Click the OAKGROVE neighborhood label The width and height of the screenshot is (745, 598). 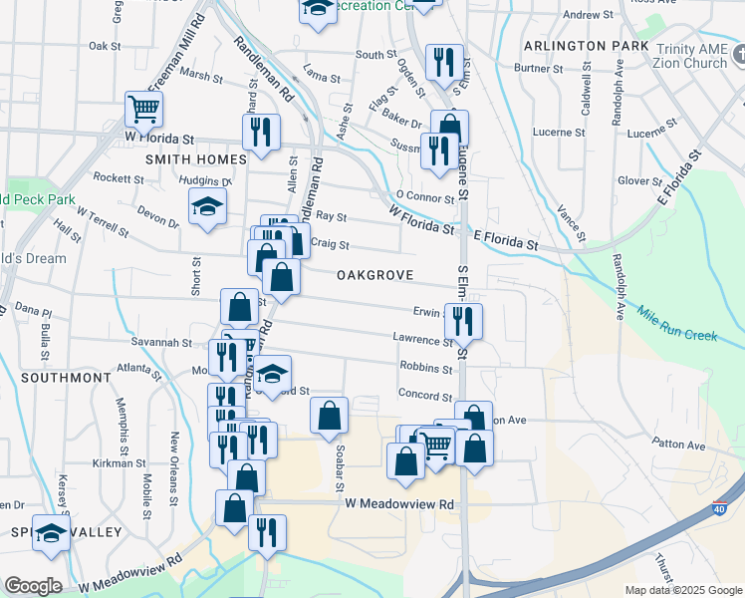coord(374,274)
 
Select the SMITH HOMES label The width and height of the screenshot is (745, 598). coord(195,159)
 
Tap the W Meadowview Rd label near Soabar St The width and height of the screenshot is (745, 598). coord(399,505)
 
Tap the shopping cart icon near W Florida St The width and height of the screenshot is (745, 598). coord(144,109)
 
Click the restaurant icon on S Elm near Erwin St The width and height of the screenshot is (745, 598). coord(462,321)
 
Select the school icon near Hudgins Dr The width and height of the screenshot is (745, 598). coord(207,206)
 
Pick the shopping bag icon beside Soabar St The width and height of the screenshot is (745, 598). coord(329,415)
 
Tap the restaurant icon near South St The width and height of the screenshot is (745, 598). coord(443,62)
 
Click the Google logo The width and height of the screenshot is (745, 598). coord(32,586)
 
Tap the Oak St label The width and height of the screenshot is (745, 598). coord(104,46)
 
